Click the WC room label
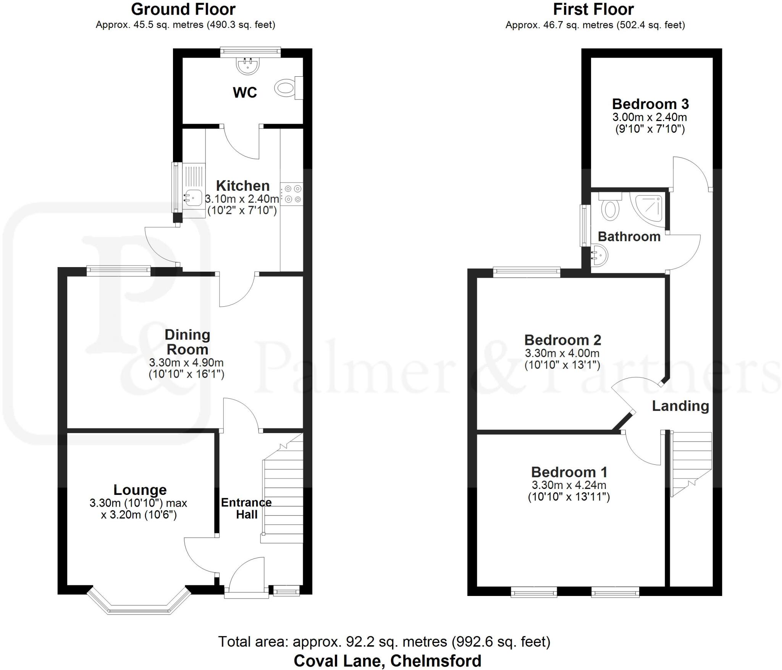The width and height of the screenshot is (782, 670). [245, 93]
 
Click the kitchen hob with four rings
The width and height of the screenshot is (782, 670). [292, 194]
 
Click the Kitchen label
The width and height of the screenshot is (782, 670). [243, 186]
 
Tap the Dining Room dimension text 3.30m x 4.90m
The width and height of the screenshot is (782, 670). [186, 362]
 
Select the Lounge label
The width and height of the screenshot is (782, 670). [140, 490]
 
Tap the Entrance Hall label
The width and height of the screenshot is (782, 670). [246, 508]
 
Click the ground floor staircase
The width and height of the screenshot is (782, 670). [283, 496]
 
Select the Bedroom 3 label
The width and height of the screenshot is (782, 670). [650, 104]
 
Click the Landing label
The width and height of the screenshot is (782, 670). [680, 406]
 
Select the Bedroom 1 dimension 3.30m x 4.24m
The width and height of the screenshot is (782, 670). [569, 485]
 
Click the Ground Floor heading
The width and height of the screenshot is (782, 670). [183, 9]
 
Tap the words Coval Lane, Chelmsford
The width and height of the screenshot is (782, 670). [387, 660]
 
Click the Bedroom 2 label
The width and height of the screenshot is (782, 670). [562, 340]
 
